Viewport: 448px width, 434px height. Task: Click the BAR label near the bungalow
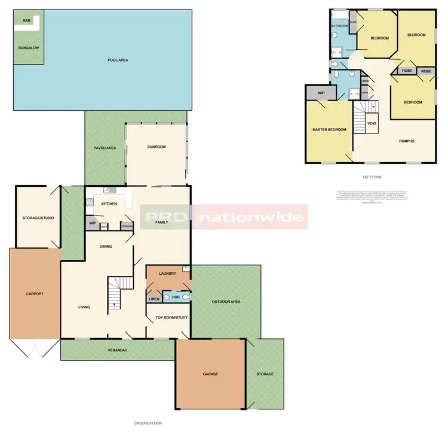tap(26, 20)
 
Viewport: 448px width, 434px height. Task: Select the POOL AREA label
tap(118, 60)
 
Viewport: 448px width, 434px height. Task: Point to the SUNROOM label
tap(156, 147)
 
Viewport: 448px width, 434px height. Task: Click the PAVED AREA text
tap(105, 147)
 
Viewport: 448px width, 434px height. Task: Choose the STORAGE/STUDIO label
tap(38, 217)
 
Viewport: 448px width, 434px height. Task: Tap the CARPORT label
tap(34, 294)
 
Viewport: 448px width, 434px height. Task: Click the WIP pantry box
tap(93, 223)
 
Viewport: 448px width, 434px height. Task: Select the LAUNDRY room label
tap(167, 274)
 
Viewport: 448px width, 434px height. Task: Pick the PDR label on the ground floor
tap(176, 297)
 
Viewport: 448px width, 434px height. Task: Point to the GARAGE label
tap(210, 374)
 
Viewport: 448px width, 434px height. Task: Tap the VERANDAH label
tap(117, 350)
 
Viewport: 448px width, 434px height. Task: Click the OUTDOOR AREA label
tap(226, 301)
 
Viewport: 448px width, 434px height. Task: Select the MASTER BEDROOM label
tap(329, 129)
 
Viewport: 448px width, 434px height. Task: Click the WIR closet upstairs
tap(321, 93)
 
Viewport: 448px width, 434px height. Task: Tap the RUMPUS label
tap(407, 141)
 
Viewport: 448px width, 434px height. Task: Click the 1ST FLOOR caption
tap(372, 177)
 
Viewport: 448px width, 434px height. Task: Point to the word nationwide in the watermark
tap(250, 217)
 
